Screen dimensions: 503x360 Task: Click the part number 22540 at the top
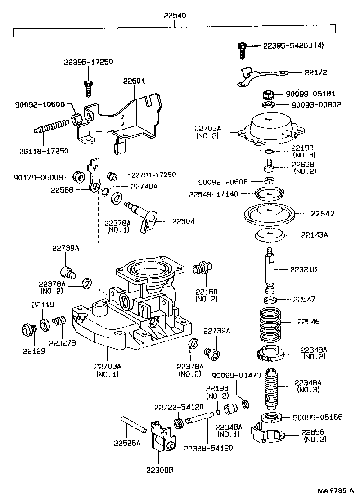point(175,16)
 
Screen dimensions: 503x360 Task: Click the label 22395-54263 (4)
point(293,45)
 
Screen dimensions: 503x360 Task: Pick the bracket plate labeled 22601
point(135,115)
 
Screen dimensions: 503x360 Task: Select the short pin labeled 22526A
point(132,424)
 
